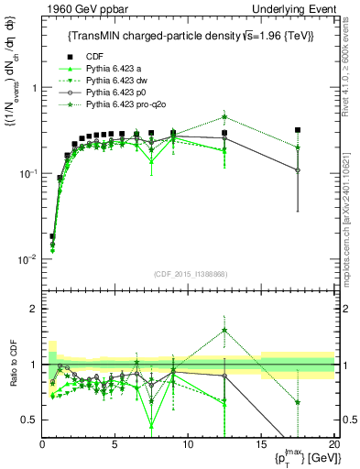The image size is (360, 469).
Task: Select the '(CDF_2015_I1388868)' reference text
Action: point(188,272)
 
